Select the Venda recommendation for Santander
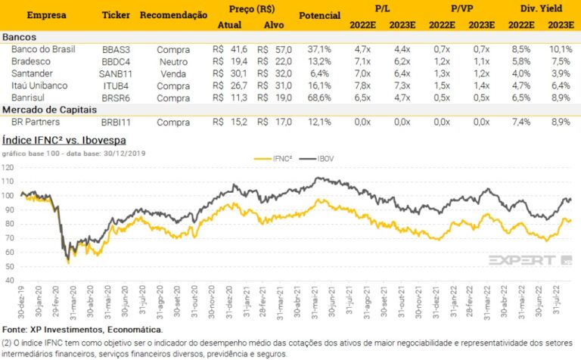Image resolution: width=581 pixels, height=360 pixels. pos(173,73)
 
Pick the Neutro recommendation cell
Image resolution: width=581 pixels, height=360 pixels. pos(173,61)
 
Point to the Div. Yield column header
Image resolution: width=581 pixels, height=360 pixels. pos(538,9)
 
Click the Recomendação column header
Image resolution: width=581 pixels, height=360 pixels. pos(174,15)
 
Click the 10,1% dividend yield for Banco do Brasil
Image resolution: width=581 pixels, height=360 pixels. pos(559,49)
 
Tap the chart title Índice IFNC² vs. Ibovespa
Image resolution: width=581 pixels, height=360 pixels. pos(64,140)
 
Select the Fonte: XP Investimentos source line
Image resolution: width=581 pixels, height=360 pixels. pos(82,330)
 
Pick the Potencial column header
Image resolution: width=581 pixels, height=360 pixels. pos(320,15)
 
